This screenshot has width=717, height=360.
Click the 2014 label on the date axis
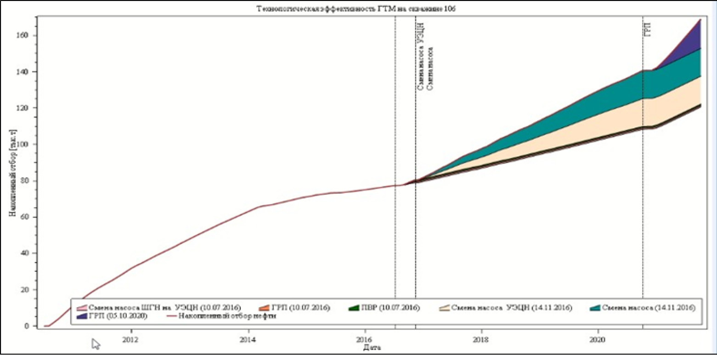[248, 340]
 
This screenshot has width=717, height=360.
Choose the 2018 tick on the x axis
[481, 340]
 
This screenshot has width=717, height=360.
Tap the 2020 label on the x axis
[598, 340]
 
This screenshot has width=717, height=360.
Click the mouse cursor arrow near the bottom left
[96, 343]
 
